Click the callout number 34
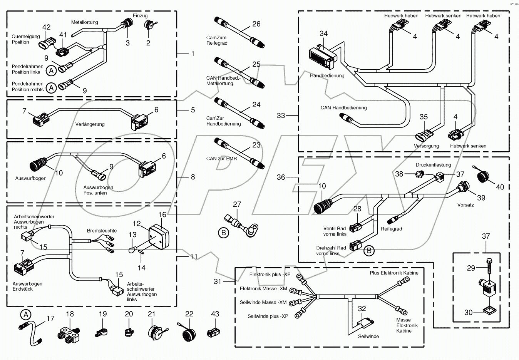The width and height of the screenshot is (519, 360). click(x=323, y=33)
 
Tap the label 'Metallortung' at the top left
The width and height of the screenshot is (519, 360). click(x=84, y=22)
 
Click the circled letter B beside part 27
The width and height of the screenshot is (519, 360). click(x=223, y=233)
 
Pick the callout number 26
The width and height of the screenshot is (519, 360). click(x=256, y=24)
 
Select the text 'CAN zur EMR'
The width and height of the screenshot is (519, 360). click(x=221, y=159)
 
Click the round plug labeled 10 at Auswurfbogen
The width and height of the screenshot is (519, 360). click(x=39, y=166)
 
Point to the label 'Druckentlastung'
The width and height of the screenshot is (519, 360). click(x=433, y=165)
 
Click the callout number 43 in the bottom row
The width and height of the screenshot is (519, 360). click(x=215, y=314)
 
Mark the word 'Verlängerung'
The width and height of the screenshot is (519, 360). click(x=90, y=124)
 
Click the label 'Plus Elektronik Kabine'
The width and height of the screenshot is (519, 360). click(x=394, y=273)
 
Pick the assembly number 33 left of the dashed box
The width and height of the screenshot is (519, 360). click(x=281, y=116)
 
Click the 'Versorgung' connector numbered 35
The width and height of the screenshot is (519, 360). click(x=422, y=136)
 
